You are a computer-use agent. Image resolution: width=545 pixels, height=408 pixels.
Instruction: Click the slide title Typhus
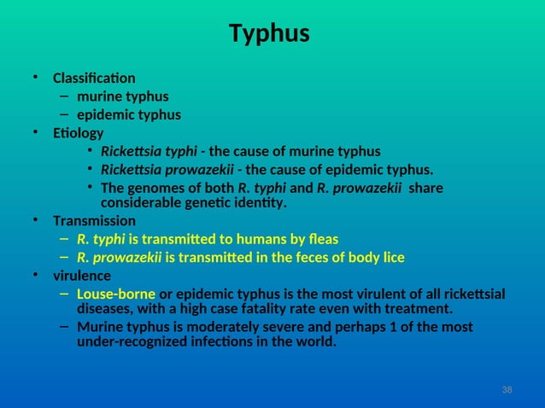(x=269, y=34)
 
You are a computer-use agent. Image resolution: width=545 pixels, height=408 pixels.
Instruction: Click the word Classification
(x=94, y=79)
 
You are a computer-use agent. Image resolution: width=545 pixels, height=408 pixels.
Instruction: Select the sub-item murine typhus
(x=122, y=96)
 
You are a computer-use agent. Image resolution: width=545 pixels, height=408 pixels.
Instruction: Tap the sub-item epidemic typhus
(x=129, y=115)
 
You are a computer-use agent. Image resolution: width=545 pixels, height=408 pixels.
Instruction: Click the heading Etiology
(x=78, y=133)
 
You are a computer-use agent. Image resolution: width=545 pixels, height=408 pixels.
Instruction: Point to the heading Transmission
(x=94, y=221)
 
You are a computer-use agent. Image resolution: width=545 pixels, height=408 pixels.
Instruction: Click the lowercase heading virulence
(x=81, y=276)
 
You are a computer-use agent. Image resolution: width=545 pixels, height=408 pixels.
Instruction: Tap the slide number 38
(x=507, y=389)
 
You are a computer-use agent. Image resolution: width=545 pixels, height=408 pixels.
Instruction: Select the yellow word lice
(x=391, y=257)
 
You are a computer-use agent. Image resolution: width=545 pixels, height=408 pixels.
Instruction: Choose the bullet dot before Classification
(x=36, y=79)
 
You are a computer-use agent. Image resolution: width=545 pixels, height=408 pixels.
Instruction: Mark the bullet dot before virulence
(x=36, y=276)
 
